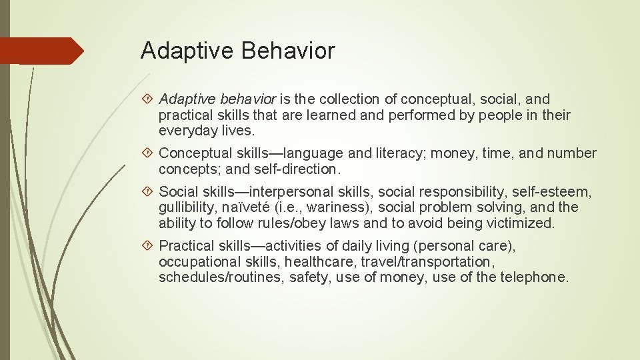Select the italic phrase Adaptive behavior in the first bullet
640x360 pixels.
click(x=217, y=99)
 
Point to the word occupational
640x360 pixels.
click(x=200, y=262)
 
